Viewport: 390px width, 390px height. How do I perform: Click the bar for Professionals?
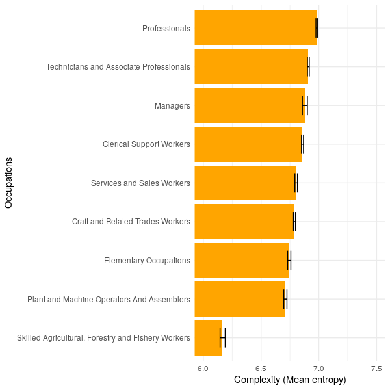click(x=255, y=28)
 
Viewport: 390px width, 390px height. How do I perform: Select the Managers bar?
click(x=250, y=105)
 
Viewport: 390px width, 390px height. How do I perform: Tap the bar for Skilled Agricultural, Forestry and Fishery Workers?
click(x=209, y=338)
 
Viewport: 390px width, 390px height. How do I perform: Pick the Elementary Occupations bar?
click(x=242, y=261)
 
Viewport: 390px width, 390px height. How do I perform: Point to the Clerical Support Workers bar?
click(x=248, y=144)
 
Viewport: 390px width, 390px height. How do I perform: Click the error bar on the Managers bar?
click(x=305, y=105)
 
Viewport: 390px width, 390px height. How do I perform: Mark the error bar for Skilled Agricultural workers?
click(x=222, y=338)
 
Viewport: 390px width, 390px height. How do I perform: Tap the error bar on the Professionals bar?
click(x=317, y=28)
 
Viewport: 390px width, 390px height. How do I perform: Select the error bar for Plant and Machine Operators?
click(x=285, y=299)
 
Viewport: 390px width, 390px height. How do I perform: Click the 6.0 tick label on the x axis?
click(x=203, y=369)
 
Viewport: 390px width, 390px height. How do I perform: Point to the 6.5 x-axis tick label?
click(x=261, y=369)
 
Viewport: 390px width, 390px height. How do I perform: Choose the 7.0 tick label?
click(x=318, y=369)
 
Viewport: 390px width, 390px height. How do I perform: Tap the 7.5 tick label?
click(x=376, y=369)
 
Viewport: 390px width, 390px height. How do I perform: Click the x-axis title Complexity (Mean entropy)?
click(x=290, y=380)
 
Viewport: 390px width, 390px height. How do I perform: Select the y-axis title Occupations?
click(x=8, y=183)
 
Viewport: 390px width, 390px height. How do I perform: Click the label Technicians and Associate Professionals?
click(x=118, y=67)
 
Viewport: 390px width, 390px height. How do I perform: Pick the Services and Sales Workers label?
click(x=141, y=183)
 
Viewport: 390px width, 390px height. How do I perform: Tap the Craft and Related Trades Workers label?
click(x=131, y=222)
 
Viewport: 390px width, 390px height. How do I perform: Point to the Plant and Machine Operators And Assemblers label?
click(x=109, y=300)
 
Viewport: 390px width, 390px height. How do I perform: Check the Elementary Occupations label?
click(x=147, y=261)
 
